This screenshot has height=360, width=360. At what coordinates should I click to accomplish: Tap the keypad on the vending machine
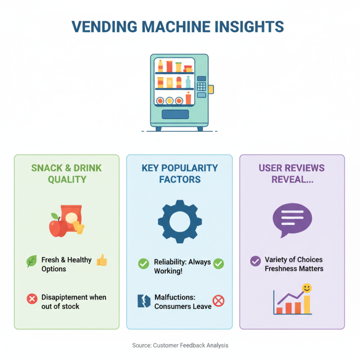(202, 86)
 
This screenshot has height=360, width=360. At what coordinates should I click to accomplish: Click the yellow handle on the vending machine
(211, 89)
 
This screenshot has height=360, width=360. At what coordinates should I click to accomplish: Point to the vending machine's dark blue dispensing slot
(175, 114)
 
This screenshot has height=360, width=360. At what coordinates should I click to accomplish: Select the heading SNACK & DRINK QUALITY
(67, 174)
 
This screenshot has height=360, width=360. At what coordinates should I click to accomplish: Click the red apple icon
(57, 227)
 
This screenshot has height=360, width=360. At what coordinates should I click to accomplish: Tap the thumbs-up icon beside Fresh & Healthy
(102, 260)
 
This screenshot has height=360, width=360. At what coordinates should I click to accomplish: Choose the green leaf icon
(31, 261)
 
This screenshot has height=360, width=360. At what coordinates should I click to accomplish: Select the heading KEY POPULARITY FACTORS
(180, 174)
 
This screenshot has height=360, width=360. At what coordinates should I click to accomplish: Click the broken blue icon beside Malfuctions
(143, 301)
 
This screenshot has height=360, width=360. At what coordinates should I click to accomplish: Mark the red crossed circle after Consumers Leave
(218, 301)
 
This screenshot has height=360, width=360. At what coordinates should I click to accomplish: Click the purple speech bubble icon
(292, 219)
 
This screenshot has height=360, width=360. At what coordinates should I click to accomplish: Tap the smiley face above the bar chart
(307, 287)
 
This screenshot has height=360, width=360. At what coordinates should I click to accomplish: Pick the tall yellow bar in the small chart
(307, 304)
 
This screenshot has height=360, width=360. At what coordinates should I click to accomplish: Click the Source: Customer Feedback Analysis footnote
(180, 345)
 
